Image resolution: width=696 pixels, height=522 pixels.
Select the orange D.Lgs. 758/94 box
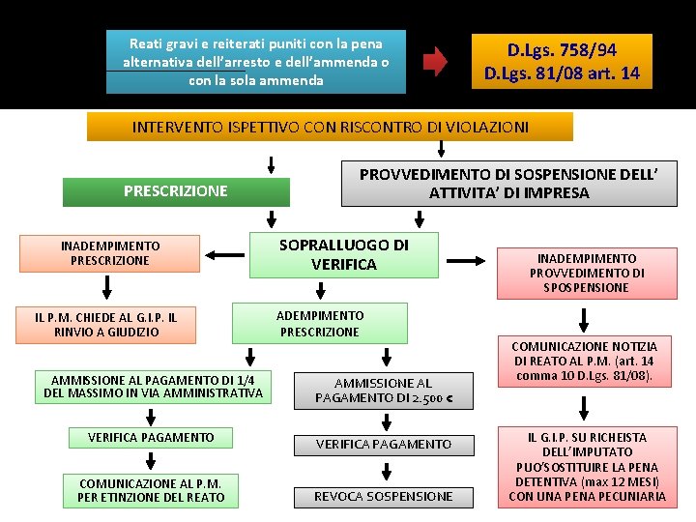tap(562, 62)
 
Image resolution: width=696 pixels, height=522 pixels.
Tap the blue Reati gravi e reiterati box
tap(257, 62)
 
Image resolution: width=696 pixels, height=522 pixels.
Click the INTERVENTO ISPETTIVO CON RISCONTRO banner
tap(330, 127)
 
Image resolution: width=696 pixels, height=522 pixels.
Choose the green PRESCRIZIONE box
tap(175, 190)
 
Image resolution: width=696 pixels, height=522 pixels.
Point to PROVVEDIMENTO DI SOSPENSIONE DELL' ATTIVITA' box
tap(508, 183)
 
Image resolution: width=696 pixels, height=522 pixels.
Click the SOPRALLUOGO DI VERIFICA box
tap(344, 255)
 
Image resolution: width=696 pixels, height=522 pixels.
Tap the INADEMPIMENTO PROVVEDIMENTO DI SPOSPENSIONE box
tap(585, 273)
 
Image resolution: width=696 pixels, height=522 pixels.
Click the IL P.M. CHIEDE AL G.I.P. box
tap(105, 324)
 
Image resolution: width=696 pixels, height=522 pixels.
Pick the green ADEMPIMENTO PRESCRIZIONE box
tap(320, 324)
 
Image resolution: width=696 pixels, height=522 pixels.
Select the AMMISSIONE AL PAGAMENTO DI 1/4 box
tap(153, 386)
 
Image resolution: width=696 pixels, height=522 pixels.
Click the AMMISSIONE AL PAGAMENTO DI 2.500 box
tap(384, 391)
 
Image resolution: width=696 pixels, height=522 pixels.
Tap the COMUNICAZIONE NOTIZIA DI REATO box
tap(584, 361)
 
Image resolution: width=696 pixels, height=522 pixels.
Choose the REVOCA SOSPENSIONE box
tap(383, 496)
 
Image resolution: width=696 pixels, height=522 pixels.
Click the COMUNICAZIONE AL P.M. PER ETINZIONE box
tap(151, 490)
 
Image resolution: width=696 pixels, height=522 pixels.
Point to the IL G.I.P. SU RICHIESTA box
tap(587, 467)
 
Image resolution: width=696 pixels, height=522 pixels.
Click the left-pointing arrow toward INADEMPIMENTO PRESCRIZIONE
tap(225, 255)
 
